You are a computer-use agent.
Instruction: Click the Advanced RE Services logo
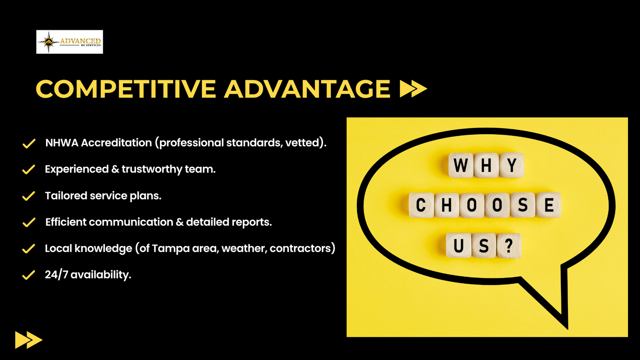(70, 42)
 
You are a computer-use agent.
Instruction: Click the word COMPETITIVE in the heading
(126, 89)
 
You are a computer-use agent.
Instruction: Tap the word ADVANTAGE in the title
(307, 89)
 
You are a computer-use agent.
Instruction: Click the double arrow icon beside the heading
(413, 89)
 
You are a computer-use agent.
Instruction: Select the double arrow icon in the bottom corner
(29, 340)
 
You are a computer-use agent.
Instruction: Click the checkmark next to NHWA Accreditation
(29, 143)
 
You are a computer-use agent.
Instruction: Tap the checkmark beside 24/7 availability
(29, 275)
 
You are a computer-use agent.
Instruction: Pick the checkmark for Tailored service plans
(29, 196)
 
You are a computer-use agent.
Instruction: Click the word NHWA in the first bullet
(62, 142)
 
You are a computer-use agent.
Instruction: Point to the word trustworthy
(152, 169)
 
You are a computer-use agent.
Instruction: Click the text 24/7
(56, 275)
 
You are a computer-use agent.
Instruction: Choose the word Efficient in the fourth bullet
(66, 222)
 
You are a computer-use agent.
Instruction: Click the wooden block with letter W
(460, 165)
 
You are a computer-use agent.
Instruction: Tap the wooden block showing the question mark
(509, 246)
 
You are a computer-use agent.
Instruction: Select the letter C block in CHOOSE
(421, 205)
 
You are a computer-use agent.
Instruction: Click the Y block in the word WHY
(512, 165)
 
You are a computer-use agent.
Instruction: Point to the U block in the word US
(459, 246)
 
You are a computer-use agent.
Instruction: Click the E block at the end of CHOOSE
(549, 205)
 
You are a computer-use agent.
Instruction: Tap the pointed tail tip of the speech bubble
(567, 328)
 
